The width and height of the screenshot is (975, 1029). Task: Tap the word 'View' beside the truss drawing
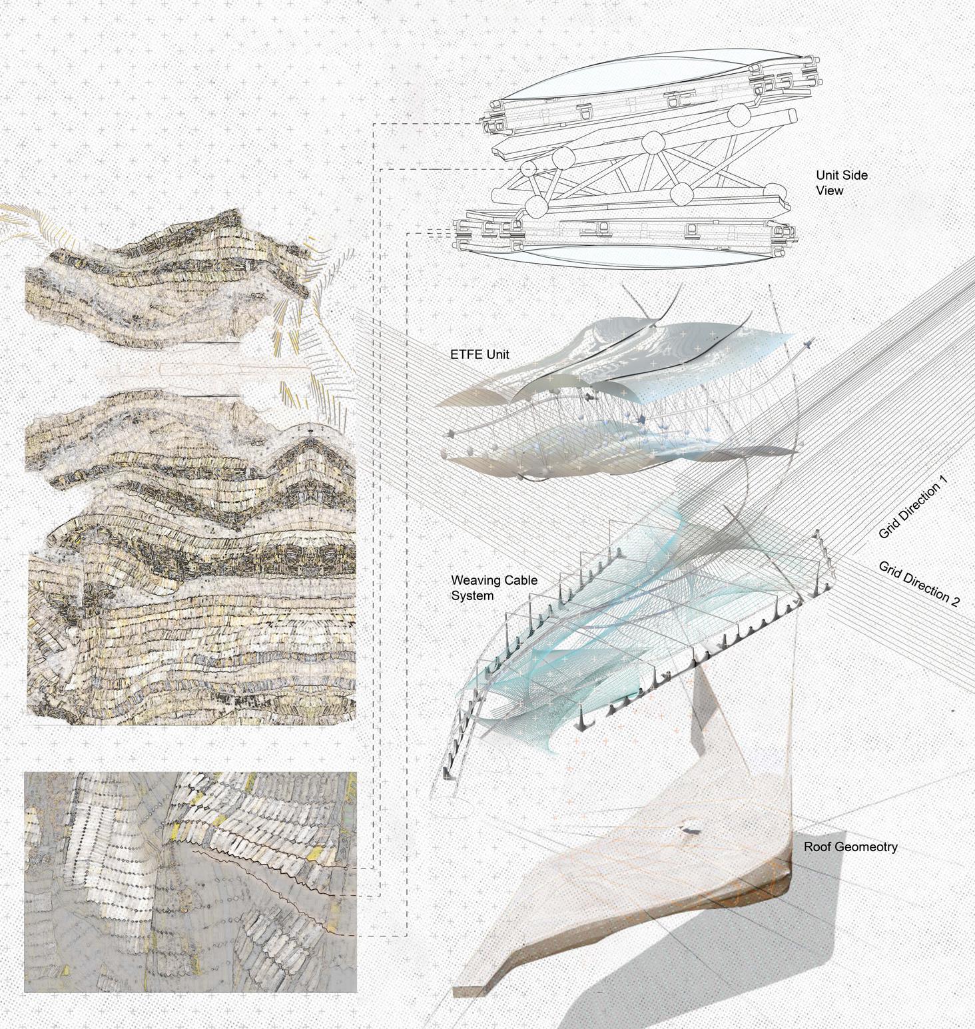830,191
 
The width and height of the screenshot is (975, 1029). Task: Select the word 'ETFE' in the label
465,354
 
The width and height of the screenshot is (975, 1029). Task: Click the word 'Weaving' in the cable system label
474,581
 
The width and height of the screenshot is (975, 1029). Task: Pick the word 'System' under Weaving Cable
472,596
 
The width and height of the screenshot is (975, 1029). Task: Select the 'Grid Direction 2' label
919,583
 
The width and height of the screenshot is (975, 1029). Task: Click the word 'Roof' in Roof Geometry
817,847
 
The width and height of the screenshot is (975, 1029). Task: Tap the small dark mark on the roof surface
689,831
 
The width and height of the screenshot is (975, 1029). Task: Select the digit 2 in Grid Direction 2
955,601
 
